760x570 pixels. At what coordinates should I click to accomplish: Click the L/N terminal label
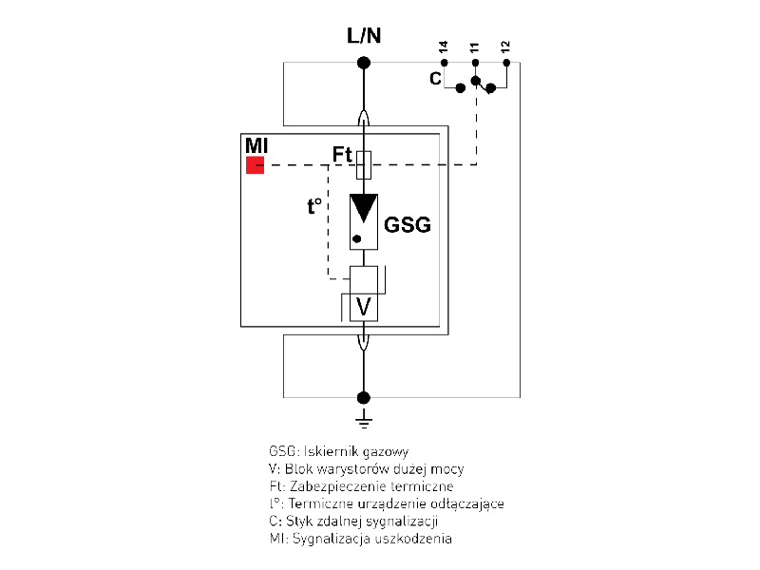click(363, 37)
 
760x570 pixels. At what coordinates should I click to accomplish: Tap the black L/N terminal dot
click(363, 64)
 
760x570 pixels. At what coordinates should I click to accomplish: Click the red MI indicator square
click(255, 166)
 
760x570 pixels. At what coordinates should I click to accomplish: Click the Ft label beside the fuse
click(342, 154)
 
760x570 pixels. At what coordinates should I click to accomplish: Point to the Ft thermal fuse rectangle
click(363, 165)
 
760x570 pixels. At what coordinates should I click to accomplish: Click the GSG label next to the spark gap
click(408, 225)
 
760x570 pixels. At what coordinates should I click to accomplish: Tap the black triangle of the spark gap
click(363, 207)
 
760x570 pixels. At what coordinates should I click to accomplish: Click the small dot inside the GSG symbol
click(356, 238)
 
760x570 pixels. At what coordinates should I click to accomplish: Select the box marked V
click(363, 307)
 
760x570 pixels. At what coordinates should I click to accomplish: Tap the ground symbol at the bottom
click(363, 417)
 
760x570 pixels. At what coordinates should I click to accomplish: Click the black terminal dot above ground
click(363, 397)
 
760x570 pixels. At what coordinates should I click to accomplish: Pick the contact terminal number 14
click(444, 47)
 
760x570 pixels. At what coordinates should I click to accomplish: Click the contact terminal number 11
click(475, 47)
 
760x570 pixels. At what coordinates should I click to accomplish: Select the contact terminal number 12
click(506, 47)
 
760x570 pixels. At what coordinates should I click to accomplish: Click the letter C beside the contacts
click(435, 79)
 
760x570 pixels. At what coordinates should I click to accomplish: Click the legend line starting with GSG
click(339, 451)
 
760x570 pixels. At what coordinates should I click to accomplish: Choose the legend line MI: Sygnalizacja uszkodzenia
click(361, 539)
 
